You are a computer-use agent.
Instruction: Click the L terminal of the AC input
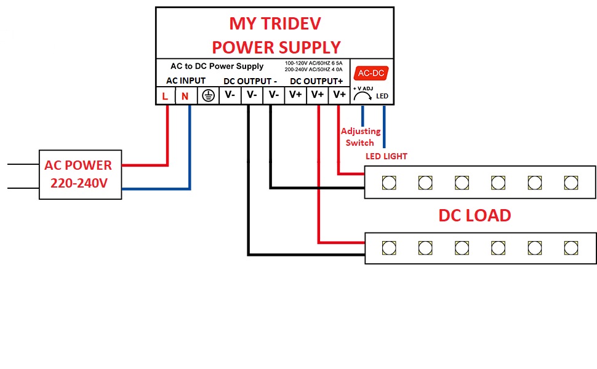[x=165, y=96]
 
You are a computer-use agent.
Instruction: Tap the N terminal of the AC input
[x=185, y=96]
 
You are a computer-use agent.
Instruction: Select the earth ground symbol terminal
[x=208, y=95]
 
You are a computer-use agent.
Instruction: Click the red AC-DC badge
[x=371, y=73]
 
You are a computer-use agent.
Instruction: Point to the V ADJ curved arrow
[x=363, y=93]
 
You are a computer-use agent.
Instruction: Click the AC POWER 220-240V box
[x=81, y=175]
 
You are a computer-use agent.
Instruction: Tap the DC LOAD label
[x=475, y=216]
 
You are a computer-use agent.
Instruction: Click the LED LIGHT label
[x=386, y=156]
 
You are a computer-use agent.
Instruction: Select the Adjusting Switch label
[x=360, y=137]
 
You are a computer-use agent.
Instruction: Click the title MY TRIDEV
[x=275, y=23]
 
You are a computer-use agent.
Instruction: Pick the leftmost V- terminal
[x=230, y=95]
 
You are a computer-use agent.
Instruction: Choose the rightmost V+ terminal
[x=339, y=95]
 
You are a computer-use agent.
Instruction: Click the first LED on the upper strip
[x=389, y=183]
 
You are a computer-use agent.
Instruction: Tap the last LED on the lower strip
[x=571, y=248]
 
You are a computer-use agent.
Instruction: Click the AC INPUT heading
[x=186, y=81]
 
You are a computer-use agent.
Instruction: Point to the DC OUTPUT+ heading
[x=316, y=81]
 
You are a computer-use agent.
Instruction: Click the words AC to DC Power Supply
[x=217, y=66]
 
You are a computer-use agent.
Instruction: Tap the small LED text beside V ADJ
[x=382, y=96]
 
